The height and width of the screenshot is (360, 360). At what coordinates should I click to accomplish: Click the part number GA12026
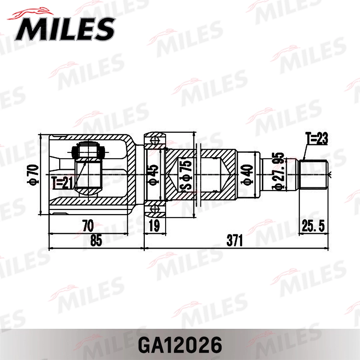[x=180, y=345]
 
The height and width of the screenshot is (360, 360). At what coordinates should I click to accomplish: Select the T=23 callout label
[x=317, y=139]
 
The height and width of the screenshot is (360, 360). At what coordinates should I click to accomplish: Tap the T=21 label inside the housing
[x=63, y=183]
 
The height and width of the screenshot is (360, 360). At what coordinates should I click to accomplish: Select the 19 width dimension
[x=154, y=226]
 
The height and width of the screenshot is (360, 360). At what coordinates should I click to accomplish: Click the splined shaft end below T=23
[x=314, y=174]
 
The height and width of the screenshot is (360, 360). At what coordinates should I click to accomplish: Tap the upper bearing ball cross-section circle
[x=155, y=140]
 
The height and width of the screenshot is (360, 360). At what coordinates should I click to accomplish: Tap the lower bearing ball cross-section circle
[x=155, y=209]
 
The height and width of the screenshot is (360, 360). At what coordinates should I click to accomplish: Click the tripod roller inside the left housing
[x=88, y=151]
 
